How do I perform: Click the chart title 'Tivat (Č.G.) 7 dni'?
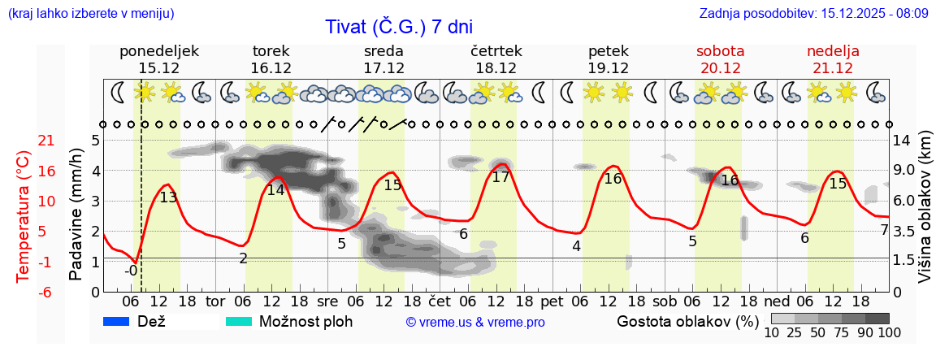point(398,27)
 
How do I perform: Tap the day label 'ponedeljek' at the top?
point(158,51)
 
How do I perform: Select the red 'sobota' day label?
point(720,51)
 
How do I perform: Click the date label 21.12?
point(833,68)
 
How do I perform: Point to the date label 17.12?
point(384,68)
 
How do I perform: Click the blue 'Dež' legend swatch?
point(118,322)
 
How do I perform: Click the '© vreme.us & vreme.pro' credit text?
point(475,323)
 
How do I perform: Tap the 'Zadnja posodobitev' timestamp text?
point(813,14)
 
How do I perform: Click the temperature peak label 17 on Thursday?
point(500,177)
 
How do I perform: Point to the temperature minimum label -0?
point(131,271)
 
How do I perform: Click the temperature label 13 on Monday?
point(168,197)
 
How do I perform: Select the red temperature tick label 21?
point(24,141)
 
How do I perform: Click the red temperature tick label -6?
point(24,292)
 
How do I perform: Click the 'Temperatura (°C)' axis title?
point(24,216)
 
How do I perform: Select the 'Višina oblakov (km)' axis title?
point(925,216)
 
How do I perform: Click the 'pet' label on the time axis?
point(552,301)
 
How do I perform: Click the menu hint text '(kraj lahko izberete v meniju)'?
point(90,14)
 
